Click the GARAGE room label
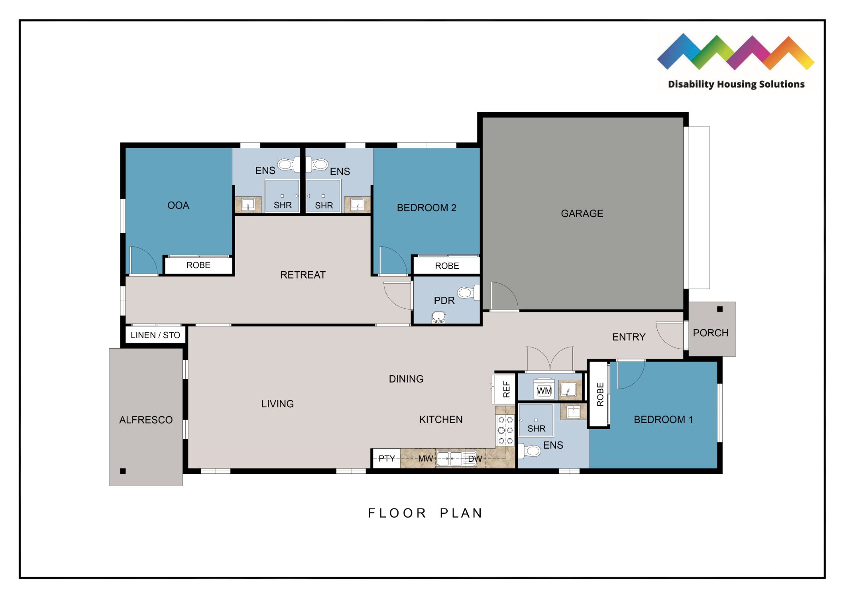pyautogui.click(x=582, y=213)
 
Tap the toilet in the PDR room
pyautogui.click(x=467, y=293)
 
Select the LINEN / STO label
pyautogui.click(x=155, y=335)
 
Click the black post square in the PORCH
pyautogui.click(x=720, y=309)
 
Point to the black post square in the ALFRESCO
pyautogui.click(x=123, y=471)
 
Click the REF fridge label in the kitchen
pyautogui.click(x=506, y=389)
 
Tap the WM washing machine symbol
pyautogui.click(x=544, y=390)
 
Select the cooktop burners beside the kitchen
pyautogui.click(x=505, y=430)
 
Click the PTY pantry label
pyautogui.click(x=387, y=459)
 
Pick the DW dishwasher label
pyautogui.click(x=475, y=459)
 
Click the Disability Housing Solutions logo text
pyautogui.click(x=736, y=84)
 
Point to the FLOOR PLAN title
pyautogui.click(x=425, y=513)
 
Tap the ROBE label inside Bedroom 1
pyautogui.click(x=600, y=394)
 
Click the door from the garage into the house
pyautogui.click(x=503, y=296)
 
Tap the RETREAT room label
pyautogui.click(x=303, y=275)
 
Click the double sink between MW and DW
pyautogui.click(x=450, y=459)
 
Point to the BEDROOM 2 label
pyautogui.click(x=426, y=208)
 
